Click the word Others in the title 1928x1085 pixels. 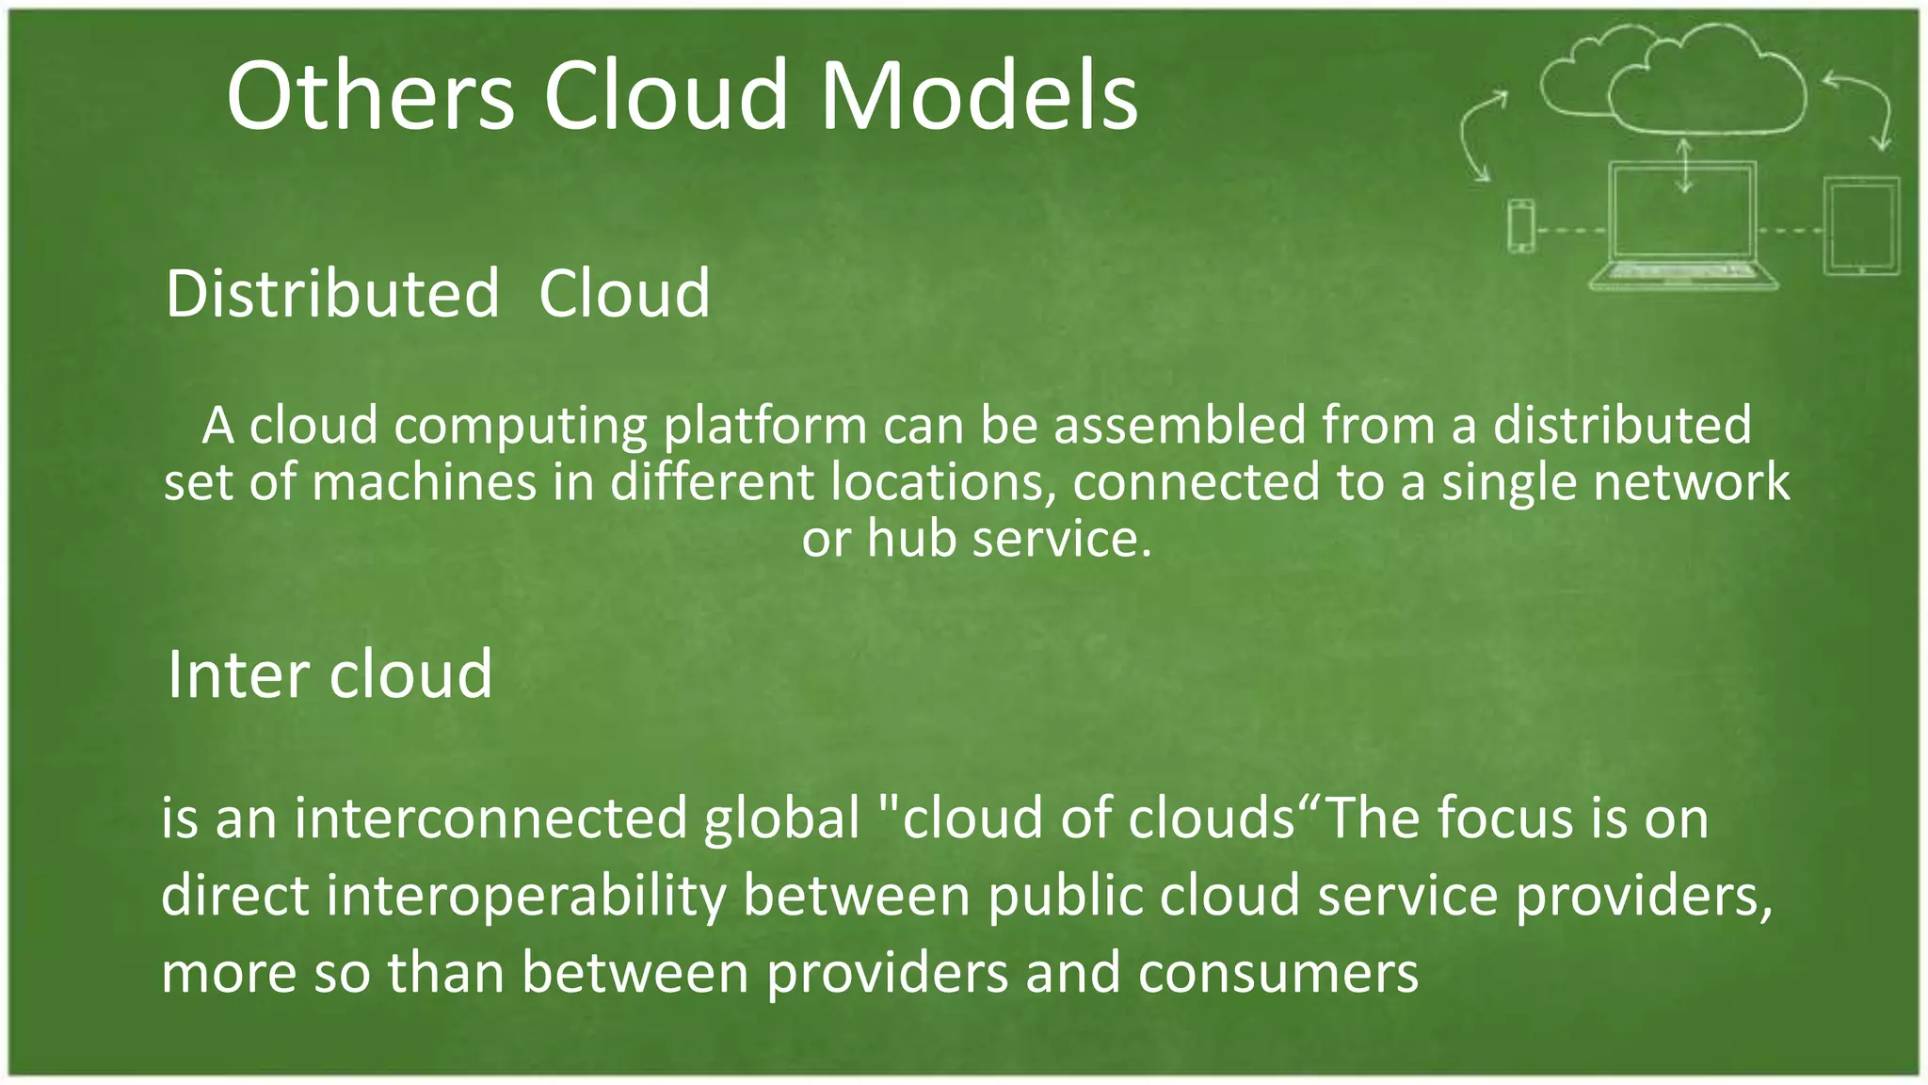click(370, 96)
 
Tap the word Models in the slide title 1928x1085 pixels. click(979, 96)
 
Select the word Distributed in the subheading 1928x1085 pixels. click(332, 294)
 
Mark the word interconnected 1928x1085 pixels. click(490, 818)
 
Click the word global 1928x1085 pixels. click(782, 818)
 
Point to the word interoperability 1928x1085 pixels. click(526, 895)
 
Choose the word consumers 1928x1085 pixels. click(1277, 972)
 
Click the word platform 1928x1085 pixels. click(764, 426)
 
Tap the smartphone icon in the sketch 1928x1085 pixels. click(1521, 226)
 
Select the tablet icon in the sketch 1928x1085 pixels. click(1861, 226)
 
